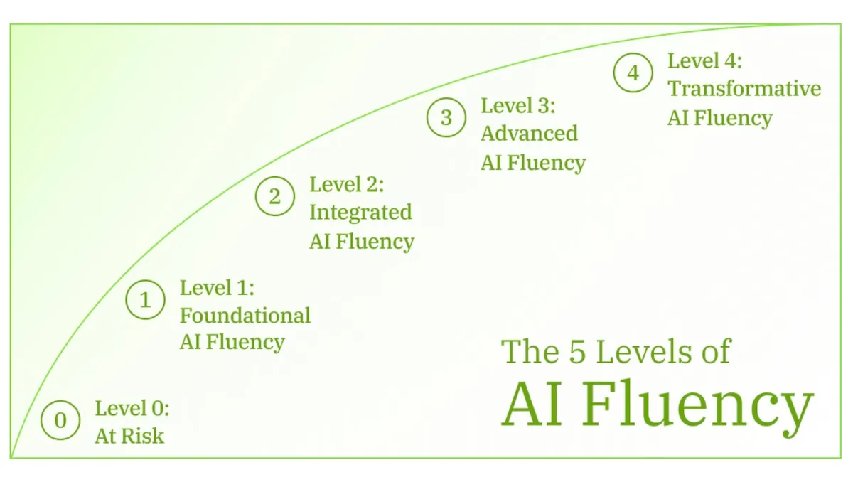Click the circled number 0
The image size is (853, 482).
60,420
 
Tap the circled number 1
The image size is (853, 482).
146,300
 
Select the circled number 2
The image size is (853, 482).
275,197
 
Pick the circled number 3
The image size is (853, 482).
446,117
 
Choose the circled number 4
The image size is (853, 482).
633,73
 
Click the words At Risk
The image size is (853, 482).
129,436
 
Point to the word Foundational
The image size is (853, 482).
245,315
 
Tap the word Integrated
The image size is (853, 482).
360,213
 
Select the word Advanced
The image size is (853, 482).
529,134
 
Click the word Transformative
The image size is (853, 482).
744,89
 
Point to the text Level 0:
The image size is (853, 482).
132,409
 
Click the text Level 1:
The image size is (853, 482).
217,288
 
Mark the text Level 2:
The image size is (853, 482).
346,185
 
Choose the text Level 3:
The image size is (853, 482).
517,106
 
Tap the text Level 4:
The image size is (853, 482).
704,61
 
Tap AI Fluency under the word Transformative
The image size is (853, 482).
719,117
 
